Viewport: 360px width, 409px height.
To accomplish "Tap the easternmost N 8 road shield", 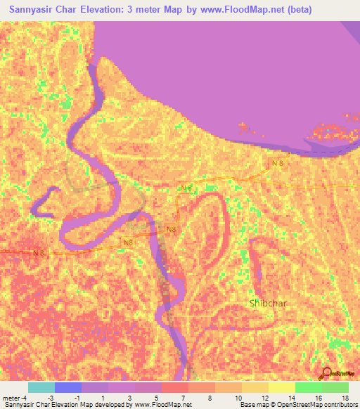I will pyautogui.click(x=279, y=163).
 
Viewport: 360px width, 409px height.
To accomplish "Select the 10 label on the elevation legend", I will pyautogui.click(x=240, y=397).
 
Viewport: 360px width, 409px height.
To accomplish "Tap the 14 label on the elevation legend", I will pyautogui.click(x=291, y=397).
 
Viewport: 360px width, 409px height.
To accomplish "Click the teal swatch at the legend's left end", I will pyautogui.click(x=41, y=387).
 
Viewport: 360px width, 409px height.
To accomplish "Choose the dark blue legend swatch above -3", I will pyautogui.click(x=68, y=387).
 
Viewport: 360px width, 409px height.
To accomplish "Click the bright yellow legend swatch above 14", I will pyautogui.click(x=282, y=387).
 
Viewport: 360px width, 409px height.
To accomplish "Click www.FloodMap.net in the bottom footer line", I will pyautogui.click(x=162, y=405).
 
